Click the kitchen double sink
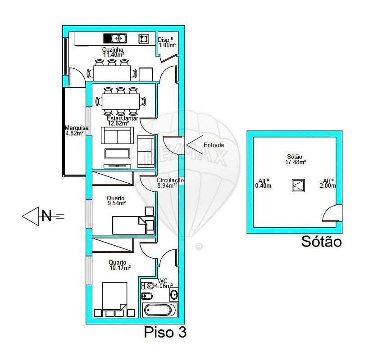point(115,38)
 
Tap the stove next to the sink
point(144,39)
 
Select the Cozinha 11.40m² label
point(113,52)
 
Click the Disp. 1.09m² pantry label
point(167,43)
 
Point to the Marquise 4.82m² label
point(76,130)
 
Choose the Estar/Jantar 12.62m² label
point(123,121)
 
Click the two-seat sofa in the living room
point(117,135)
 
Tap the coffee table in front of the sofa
point(117,154)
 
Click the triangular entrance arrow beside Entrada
point(195,145)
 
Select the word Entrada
point(214,145)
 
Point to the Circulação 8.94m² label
point(170,183)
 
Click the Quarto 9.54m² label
point(116,201)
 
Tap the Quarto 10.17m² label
point(119,265)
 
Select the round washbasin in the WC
point(174,295)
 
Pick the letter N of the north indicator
point(46,215)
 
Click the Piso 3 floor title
point(165,332)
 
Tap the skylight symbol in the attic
point(298,186)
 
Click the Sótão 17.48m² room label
point(296,159)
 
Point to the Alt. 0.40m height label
point(263,183)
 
